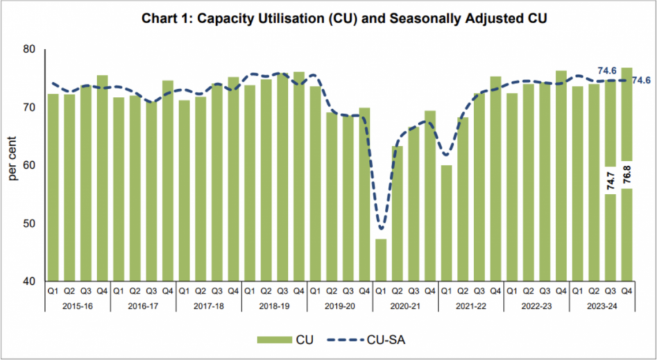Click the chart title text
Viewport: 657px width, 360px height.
click(x=328, y=19)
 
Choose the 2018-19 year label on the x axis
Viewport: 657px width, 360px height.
click(x=275, y=306)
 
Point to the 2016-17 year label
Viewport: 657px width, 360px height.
click(x=142, y=306)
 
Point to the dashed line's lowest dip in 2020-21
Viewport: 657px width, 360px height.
click(x=381, y=228)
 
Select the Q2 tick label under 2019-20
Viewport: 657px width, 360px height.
click(x=332, y=291)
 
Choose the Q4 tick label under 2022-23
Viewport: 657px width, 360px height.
click(x=561, y=291)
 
